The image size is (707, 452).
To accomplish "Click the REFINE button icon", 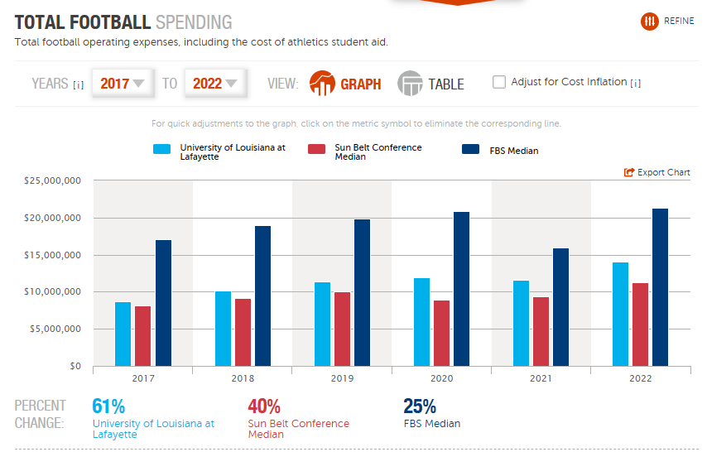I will [x=650, y=22].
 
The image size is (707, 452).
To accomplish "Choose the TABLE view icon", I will [x=410, y=84].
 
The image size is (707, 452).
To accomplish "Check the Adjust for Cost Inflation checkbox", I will [x=499, y=82].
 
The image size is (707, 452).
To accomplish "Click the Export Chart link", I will [x=657, y=172].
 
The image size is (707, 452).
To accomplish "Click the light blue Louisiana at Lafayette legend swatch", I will [x=162, y=149].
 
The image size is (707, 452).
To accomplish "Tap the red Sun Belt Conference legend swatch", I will [x=316, y=149].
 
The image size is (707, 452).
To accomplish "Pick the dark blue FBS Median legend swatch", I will [x=471, y=149].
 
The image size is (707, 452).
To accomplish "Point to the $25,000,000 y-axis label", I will [x=52, y=180].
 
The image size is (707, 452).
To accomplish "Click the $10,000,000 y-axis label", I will [x=52, y=291].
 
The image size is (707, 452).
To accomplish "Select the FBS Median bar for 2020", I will [x=461, y=289].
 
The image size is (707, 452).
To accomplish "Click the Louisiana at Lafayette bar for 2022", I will [x=620, y=314].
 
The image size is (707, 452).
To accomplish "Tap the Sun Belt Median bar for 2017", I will [x=143, y=336].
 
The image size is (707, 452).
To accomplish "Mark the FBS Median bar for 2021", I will [x=561, y=307].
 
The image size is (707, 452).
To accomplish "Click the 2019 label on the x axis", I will [x=342, y=378].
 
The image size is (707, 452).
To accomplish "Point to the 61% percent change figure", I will [x=108, y=406].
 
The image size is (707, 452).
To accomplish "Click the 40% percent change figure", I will [x=264, y=406].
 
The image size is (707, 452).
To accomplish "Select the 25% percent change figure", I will [x=419, y=406].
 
